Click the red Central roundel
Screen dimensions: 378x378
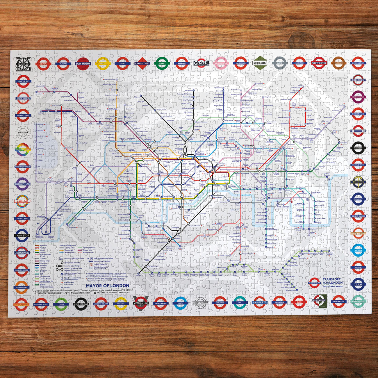[43, 64]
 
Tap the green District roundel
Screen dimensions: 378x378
[162, 63]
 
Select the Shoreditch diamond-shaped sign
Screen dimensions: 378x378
[260, 63]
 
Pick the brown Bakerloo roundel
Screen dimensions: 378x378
[338, 63]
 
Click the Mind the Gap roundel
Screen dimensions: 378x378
[23, 81]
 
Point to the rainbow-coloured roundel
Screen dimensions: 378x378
[23, 149]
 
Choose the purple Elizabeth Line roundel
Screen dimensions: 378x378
[22, 184]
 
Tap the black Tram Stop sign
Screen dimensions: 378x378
[22, 236]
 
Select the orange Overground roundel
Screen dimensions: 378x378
[22, 287]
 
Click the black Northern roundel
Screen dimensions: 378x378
[358, 148]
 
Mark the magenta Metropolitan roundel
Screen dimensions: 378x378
[358, 97]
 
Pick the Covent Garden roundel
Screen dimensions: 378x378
[358, 216]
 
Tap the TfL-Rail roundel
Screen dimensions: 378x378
[358, 284]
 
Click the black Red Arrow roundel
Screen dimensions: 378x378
[81, 304]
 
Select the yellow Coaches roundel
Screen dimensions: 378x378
[121, 304]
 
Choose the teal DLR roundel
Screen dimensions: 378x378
[240, 303]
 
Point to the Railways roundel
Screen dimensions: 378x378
[259, 302]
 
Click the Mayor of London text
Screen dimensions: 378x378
[107, 286]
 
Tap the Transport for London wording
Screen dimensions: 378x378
[332, 281]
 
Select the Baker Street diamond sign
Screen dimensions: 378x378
[142, 63]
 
